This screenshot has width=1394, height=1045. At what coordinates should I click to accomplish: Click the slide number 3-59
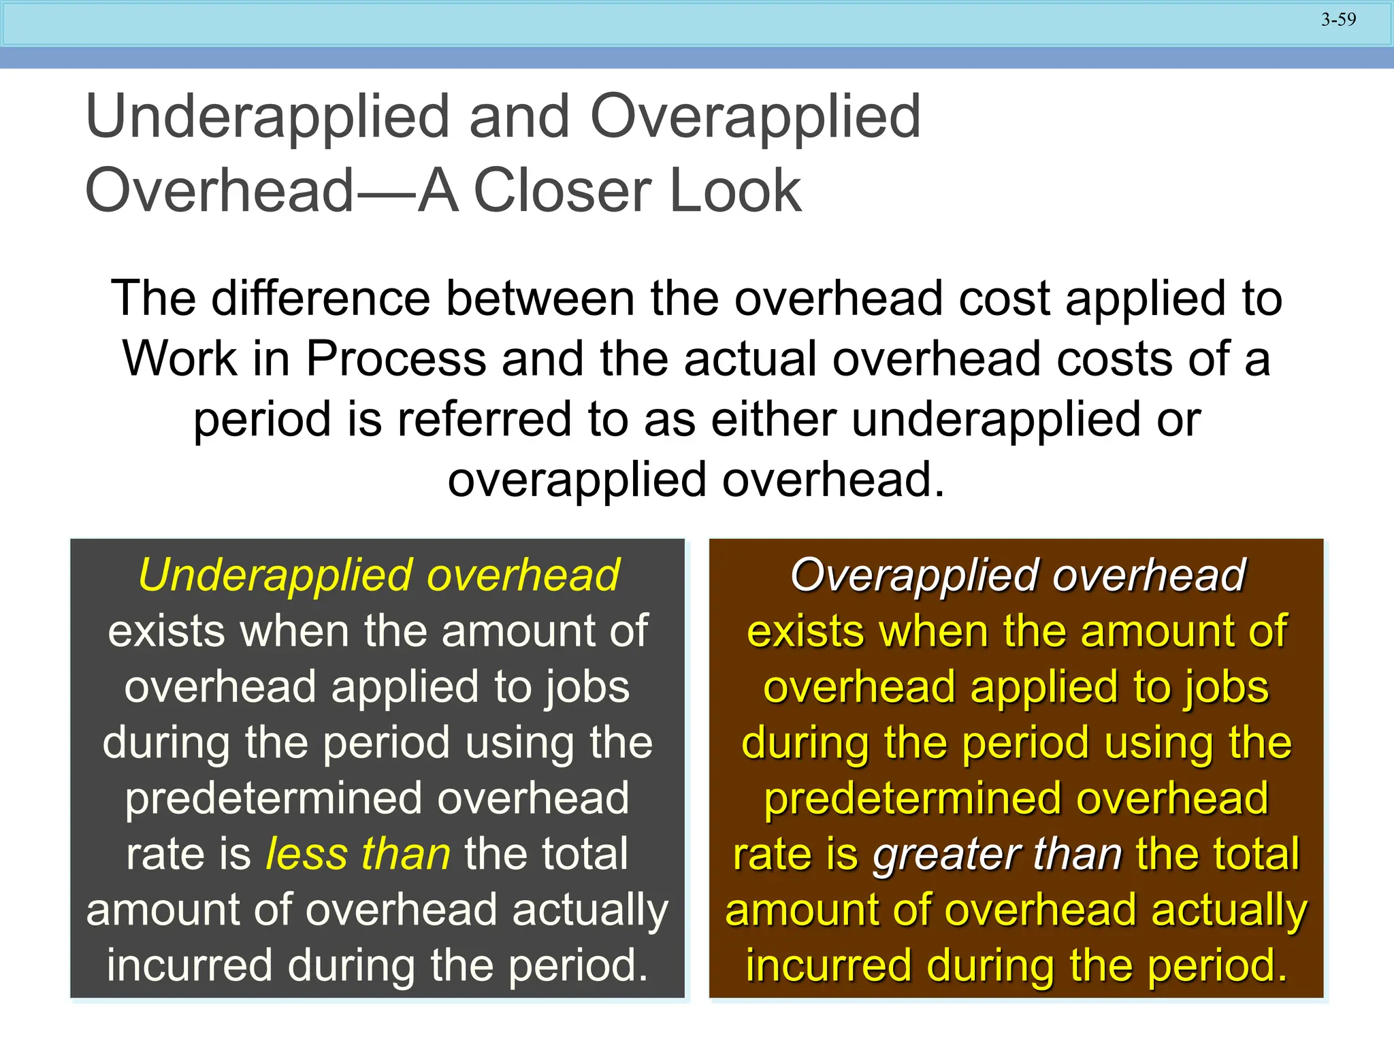pos(1338,20)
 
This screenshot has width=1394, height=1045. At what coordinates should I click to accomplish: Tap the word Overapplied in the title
pos(755,117)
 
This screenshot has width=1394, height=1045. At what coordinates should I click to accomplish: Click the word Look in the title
pos(735,191)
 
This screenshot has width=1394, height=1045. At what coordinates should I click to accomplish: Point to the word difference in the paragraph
pos(321,299)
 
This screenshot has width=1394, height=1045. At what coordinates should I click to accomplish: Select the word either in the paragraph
pos(773,419)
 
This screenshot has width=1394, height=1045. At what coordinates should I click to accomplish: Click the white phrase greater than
pos(996,855)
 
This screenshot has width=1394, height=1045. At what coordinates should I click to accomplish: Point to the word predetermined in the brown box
pos(913,799)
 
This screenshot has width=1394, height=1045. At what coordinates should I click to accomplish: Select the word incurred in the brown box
pos(828,966)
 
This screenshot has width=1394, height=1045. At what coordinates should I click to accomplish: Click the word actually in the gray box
pos(590,911)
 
